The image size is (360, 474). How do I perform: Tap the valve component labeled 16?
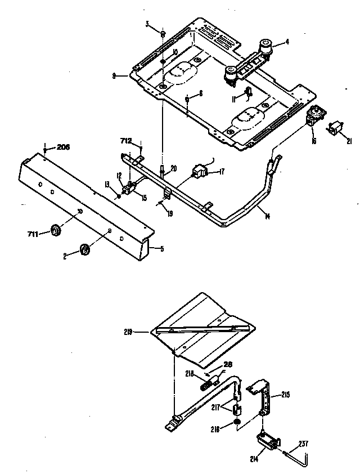coord(313,118)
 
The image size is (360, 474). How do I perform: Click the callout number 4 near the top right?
coord(287,41)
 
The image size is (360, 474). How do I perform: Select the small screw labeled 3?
coord(162,34)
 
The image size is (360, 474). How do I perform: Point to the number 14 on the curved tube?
coord(267,217)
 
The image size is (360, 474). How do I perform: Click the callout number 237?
coord(303,442)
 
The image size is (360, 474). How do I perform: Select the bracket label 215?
coord(285,396)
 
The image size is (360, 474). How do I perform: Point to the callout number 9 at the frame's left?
coord(114,75)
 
